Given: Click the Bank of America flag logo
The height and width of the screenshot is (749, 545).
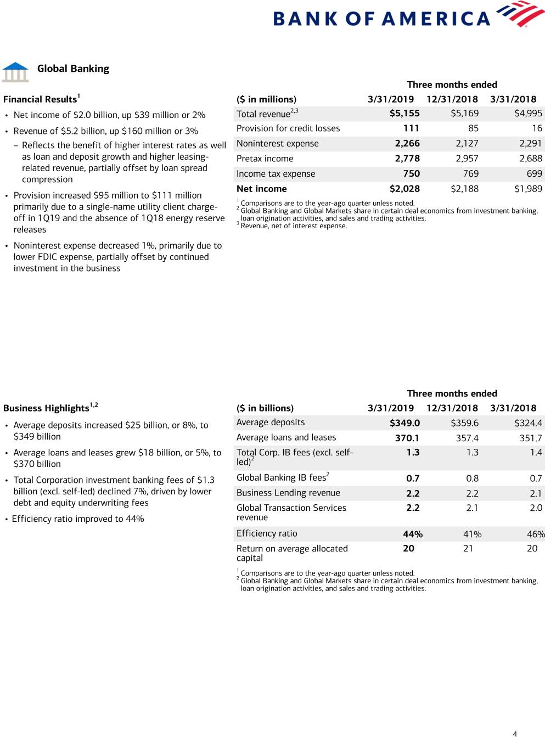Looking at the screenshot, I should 520,14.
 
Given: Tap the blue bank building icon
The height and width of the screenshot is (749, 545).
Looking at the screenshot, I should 15,72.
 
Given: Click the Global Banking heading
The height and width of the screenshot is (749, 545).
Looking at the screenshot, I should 73,69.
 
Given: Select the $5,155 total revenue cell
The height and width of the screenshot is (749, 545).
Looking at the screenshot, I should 404,114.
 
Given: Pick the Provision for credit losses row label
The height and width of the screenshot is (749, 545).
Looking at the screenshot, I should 288,128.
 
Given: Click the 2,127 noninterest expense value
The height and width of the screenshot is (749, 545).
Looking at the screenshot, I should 467,143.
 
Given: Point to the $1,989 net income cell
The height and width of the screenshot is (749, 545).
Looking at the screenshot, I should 528,189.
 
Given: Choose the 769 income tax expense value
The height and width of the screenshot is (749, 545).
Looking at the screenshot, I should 470,174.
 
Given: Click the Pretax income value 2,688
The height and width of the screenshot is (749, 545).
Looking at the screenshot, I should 530,159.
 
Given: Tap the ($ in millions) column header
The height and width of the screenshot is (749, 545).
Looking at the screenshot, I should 266,99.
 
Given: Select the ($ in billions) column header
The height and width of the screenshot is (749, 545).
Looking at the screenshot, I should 265,408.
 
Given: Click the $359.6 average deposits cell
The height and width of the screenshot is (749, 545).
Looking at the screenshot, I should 464,423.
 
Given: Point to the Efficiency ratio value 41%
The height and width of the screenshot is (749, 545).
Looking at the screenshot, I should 472,534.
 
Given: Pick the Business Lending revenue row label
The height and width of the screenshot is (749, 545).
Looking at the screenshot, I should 288,493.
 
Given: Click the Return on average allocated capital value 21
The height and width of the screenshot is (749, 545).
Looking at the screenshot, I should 468,548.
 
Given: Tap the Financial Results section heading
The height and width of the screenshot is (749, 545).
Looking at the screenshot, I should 41,99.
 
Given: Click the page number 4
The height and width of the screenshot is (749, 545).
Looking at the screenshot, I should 515,734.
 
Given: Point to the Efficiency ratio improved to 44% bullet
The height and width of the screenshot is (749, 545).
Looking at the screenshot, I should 78,519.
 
